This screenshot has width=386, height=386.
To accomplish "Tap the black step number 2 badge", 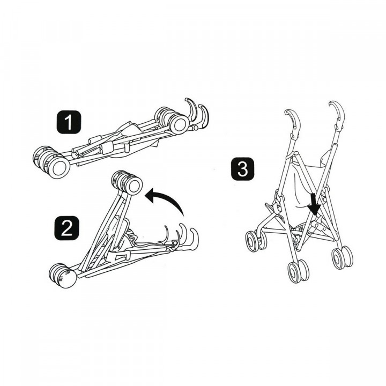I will (66, 227).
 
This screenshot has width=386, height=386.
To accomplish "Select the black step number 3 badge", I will (242, 170).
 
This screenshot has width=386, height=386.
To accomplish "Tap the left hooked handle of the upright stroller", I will (291, 120).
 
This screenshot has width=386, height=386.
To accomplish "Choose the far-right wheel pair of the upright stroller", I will (342, 257).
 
